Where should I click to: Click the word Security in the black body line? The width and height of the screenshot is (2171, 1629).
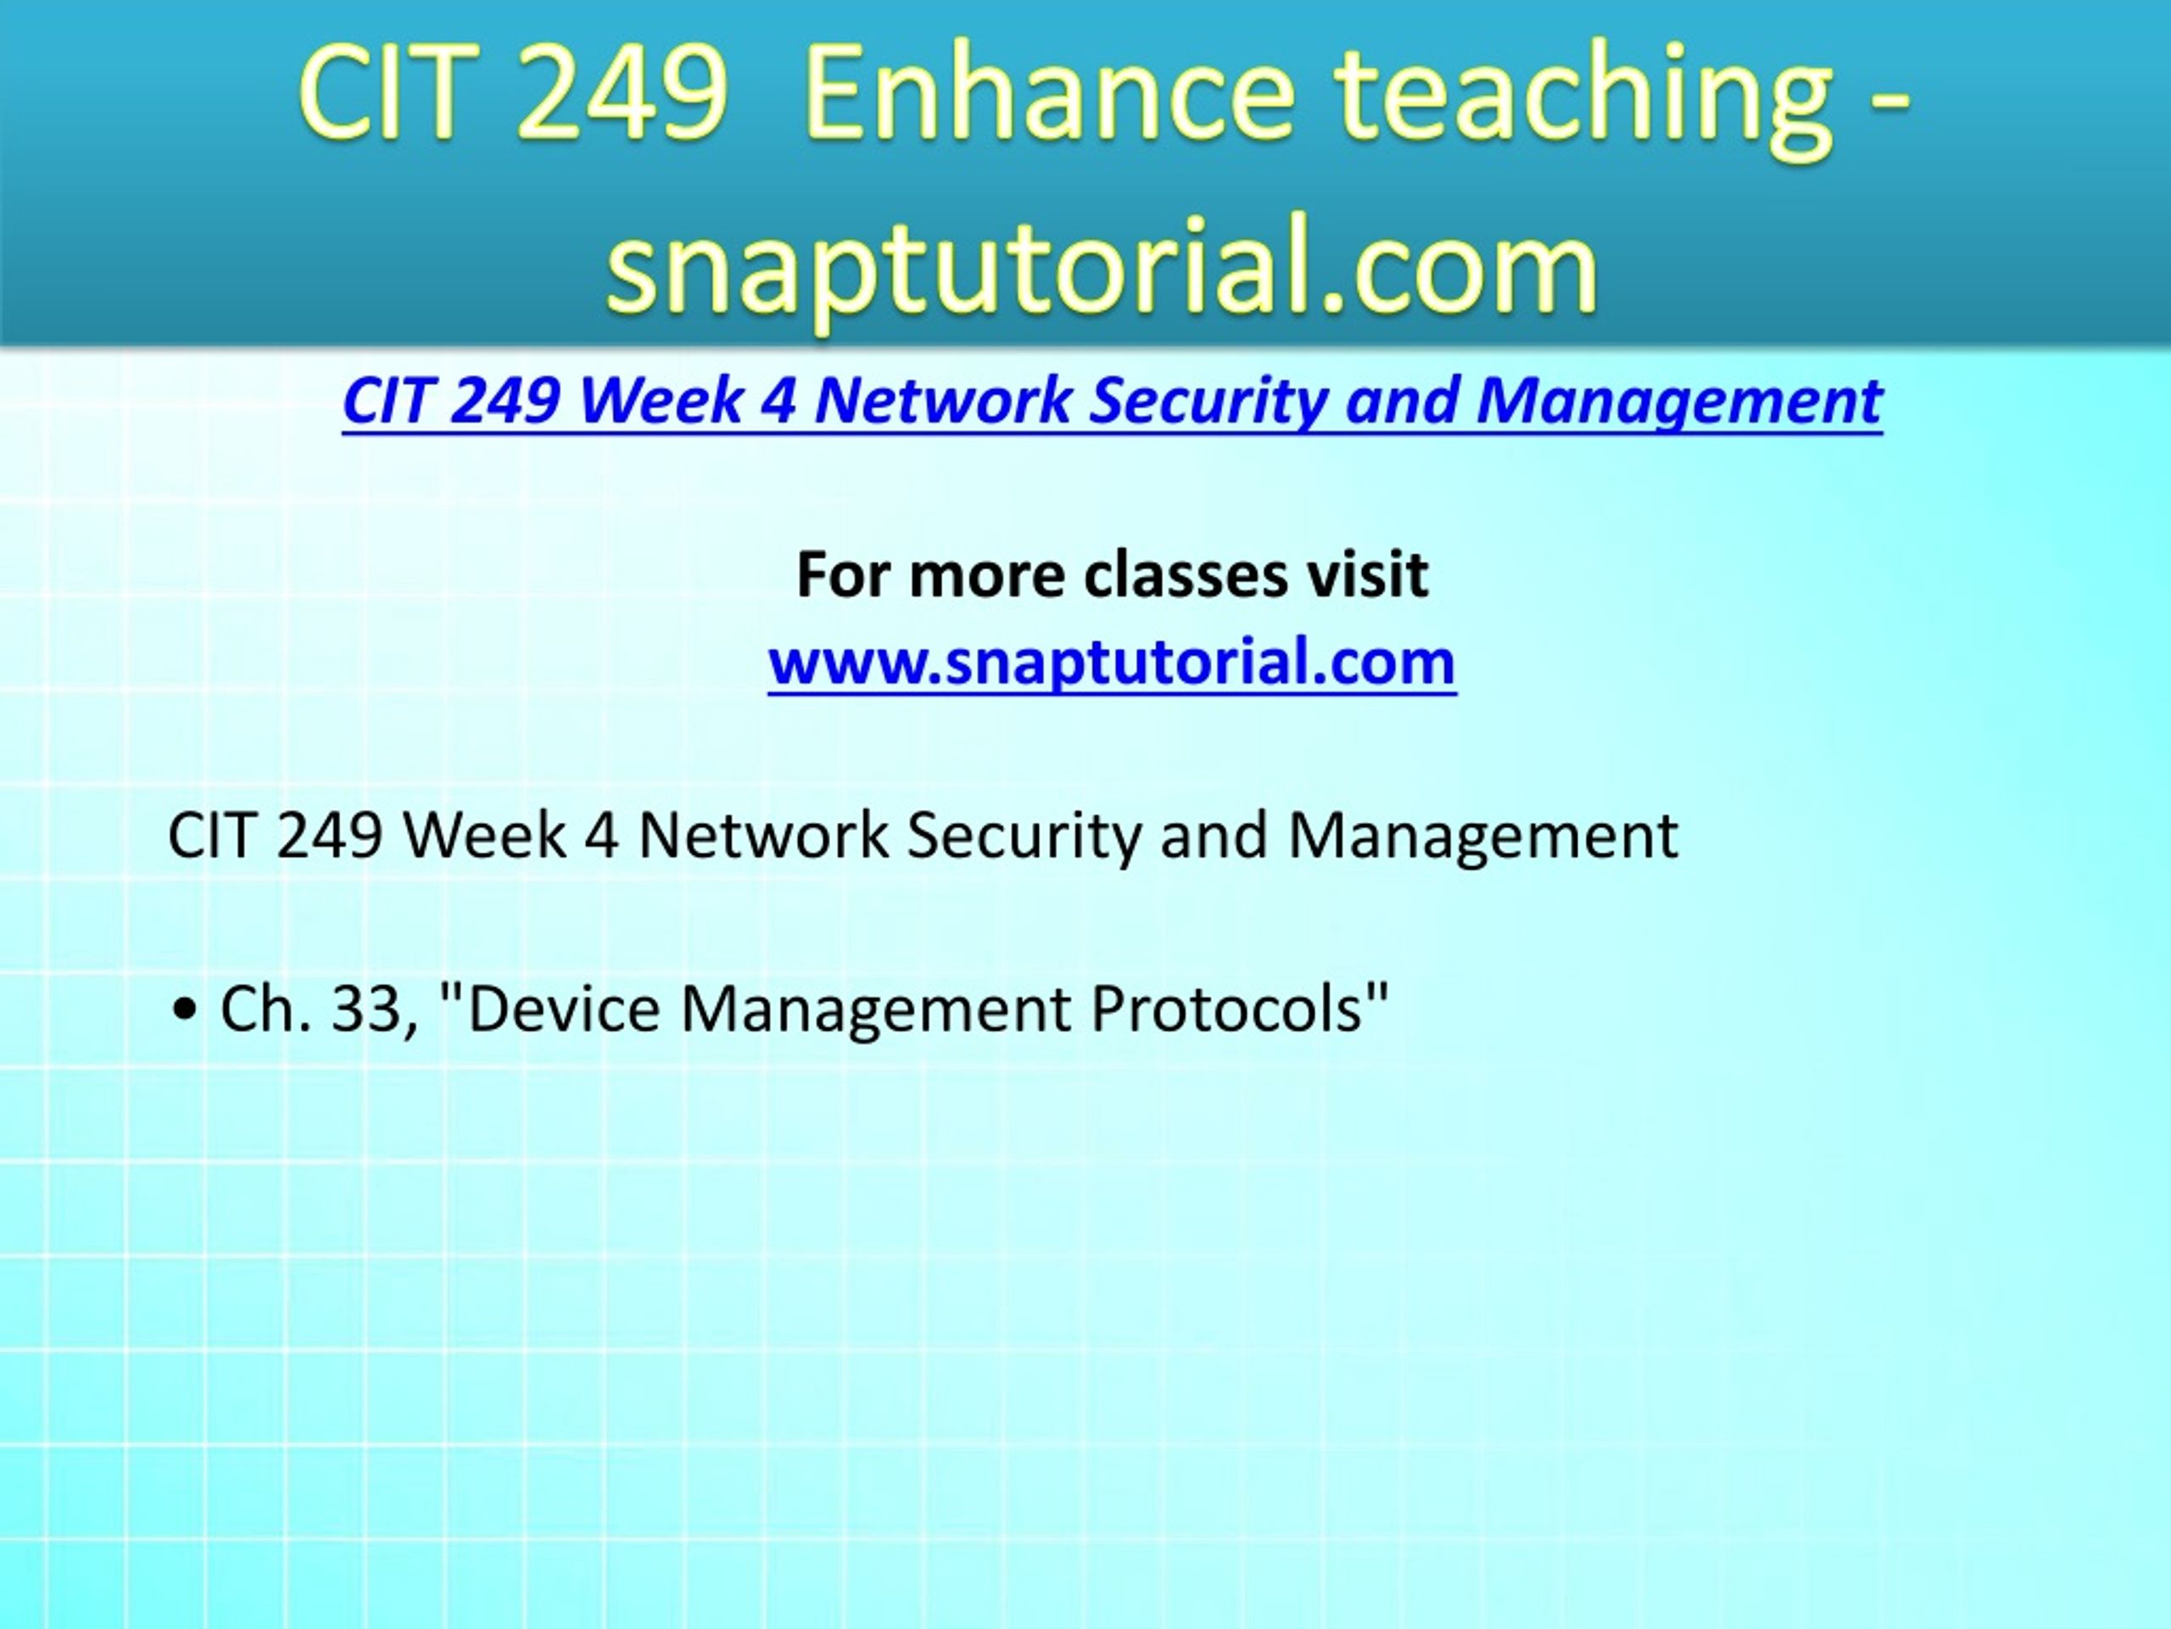[1024, 837]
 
